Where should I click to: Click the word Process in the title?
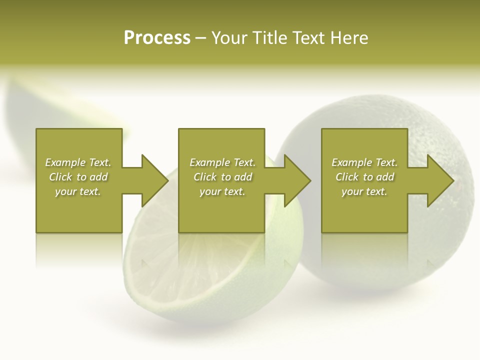pos(157,38)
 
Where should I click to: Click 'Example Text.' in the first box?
pos(78,162)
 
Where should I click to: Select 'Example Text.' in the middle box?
pos(222,162)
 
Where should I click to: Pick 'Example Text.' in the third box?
pos(364,162)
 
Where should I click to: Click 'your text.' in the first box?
pos(78,191)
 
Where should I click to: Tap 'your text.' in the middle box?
pos(222,191)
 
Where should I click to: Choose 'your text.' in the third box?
pos(364,191)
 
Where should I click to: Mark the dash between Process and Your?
pos(201,38)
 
